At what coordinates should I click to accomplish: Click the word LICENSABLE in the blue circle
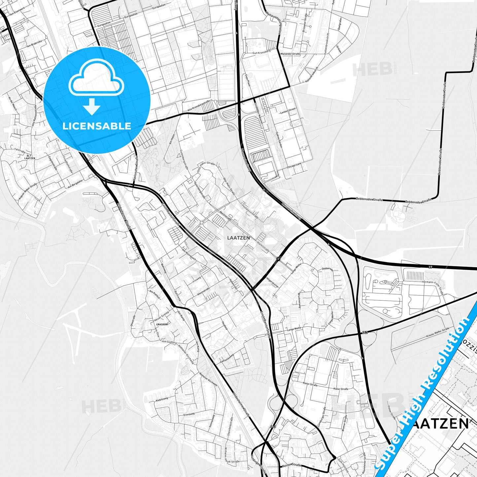point(97,126)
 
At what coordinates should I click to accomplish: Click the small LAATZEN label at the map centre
point(238,238)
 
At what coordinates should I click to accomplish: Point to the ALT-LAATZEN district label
point(30,156)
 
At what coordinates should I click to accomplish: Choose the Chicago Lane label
point(294,165)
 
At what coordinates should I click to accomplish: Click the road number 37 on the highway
point(430,267)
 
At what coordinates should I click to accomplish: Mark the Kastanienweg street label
point(227,359)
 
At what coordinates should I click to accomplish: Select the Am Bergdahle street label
point(75,184)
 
